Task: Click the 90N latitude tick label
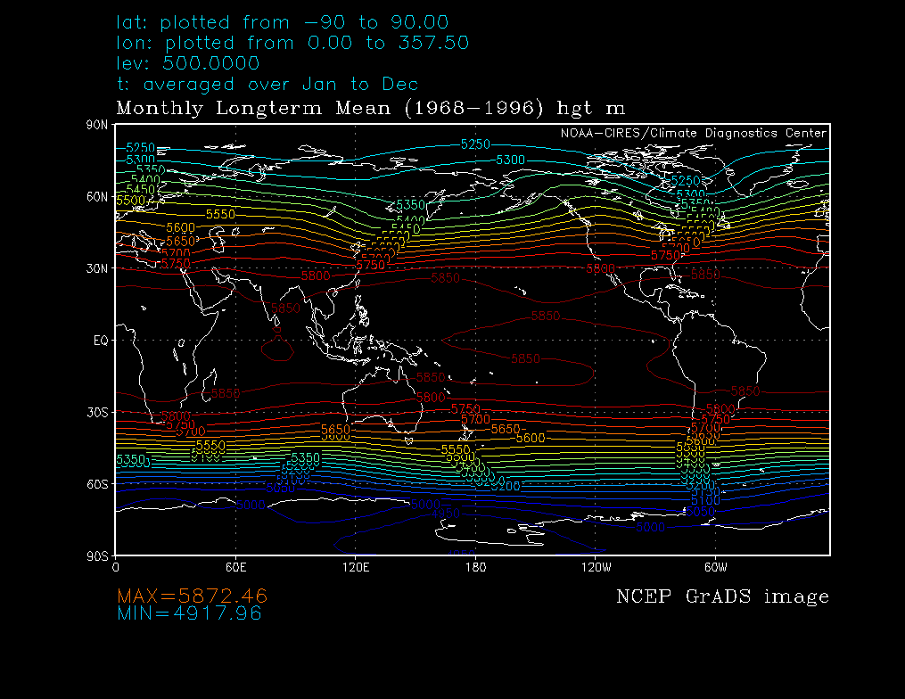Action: pyautogui.click(x=99, y=126)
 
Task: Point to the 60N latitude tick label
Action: pyautogui.click(x=99, y=196)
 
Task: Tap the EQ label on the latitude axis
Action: pyautogui.click(x=101, y=340)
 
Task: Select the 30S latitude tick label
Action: pyautogui.click(x=99, y=412)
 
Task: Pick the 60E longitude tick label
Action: pyautogui.click(x=235, y=566)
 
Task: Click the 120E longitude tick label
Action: pyautogui.click(x=355, y=566)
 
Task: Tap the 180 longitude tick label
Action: pyautogui.click(x=474, y=566)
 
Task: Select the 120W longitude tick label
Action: pyautogui.click(x=594, y=566)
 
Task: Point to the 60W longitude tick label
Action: pyautogui.click(x=714, y=566)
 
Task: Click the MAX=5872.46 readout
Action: pyautogui.click(x=193, y=596)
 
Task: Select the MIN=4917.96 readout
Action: pyautogui.click(x=189, y=613)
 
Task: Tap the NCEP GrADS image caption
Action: pyautogui.click(x=722, y=596)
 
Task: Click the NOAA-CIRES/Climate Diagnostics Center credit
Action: pyautogui.click(x=693, y=133)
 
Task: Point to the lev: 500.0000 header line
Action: pyautogui.click(x=188, y=63)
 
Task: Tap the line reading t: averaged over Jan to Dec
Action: pyautogui.click(x=267, y=85)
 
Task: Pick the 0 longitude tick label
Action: pyautogui.click(x=116, y=566)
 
